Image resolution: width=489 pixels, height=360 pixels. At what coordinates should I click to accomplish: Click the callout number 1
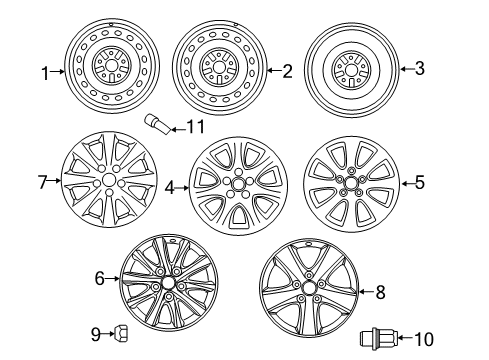pyautogui.click(x=45, y=71)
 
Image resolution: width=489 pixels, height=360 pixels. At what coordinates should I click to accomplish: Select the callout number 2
pyautogui.click(x=288, y=71)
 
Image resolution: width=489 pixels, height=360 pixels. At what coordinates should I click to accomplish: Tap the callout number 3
pyautogui.click(x=420, y=69)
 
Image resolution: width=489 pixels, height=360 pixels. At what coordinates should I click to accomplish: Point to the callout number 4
pyautogui.click(x=171, y=186)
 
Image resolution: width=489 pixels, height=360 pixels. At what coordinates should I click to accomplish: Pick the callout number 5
pyautogui.click(x=420, y=182)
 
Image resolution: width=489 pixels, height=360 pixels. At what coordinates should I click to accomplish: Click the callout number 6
pyautogui.click(x=100, y=279)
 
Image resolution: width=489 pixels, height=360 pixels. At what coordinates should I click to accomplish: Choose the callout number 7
pyautogui.click(x=42, y=183)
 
